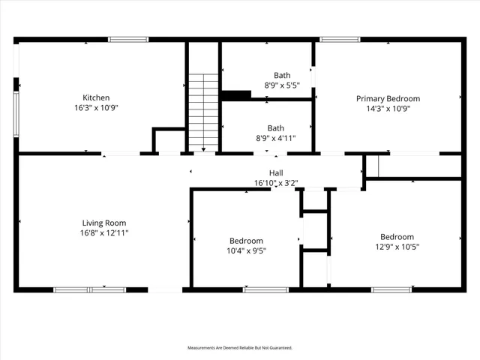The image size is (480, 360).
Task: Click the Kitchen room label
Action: tap(96, 97)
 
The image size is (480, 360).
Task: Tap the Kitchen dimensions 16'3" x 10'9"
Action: tap(96, 108)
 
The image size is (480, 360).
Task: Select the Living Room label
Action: tap(104, 223)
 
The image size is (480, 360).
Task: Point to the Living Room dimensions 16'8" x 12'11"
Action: tap(104, 233)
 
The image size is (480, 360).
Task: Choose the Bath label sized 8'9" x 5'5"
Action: tap(282, 75)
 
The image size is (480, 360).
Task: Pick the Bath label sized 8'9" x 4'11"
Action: tap(276, 128)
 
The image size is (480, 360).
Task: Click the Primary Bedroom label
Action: tap(388, 98)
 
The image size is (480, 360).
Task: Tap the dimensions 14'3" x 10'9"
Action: tap(388, 108)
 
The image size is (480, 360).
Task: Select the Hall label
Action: tap(276, 172)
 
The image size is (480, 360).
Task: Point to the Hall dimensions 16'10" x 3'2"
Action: tap(276, 182)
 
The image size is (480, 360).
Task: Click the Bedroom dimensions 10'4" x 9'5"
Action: tap(246, 250)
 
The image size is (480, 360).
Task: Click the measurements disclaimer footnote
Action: tap(240, 348)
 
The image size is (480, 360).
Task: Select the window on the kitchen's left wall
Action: tap(16, 112)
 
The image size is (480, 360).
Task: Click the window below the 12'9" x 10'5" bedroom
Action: tap(391, 289)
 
